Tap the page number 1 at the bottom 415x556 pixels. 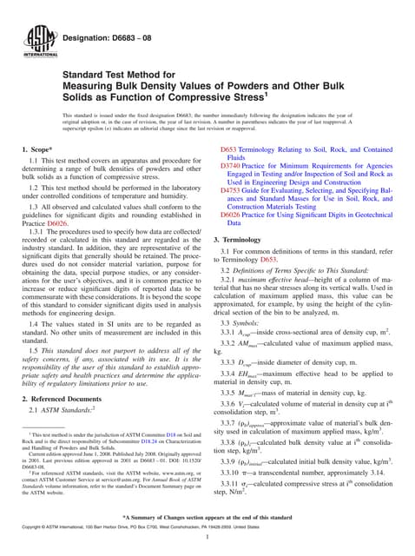207,539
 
